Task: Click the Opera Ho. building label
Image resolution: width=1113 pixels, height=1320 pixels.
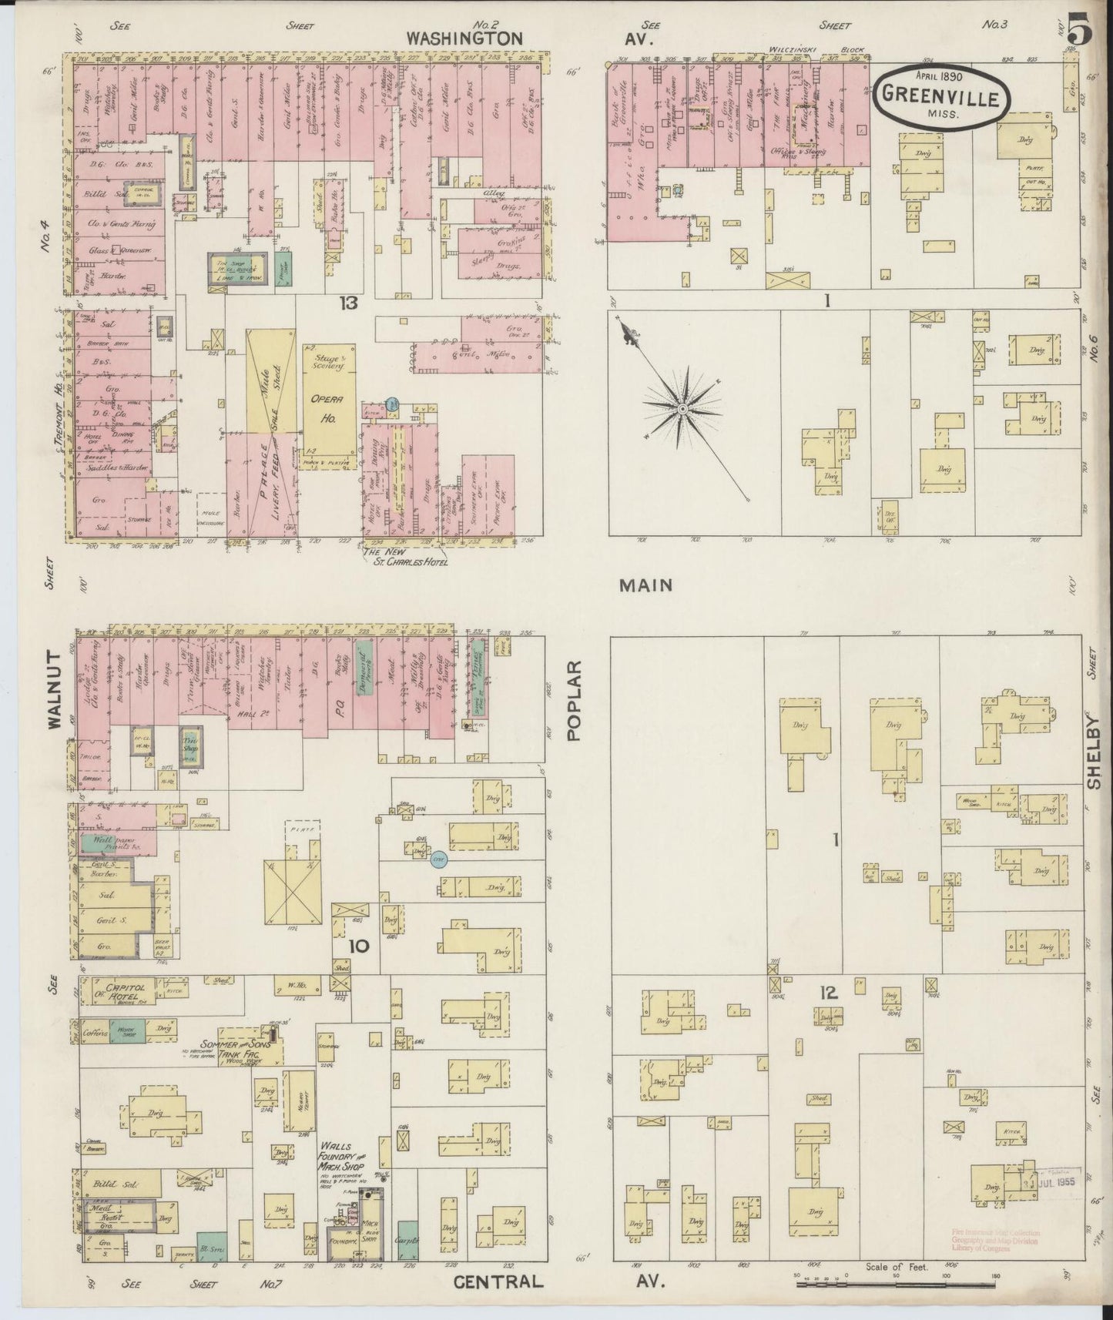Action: [x=330, y=402]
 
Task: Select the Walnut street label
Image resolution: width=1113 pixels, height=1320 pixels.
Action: [x=54, y=689]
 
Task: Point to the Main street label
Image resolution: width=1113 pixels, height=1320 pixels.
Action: [x=646, y=585]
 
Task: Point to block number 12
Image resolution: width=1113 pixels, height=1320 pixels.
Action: [x=828, y=993]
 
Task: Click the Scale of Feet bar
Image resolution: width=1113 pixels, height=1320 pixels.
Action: [x=893, y=1285]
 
